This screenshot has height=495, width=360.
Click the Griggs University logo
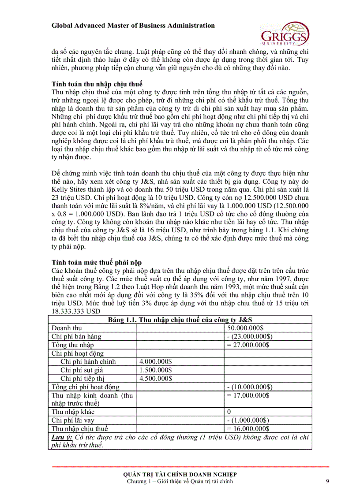click(285, 33)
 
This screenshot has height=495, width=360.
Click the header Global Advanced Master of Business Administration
click(133, 26)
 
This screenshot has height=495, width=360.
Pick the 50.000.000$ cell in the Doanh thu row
click(245, 328)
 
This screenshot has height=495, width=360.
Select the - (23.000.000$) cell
click(249, 336)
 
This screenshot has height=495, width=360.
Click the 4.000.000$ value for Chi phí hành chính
click(155, 361)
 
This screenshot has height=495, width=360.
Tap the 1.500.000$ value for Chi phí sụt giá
click(155, 370)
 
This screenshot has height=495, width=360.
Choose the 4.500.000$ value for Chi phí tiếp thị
click(155, 378)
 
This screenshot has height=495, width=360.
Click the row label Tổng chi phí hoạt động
click(86, 387)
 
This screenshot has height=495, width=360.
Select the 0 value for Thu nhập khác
click(229, 412)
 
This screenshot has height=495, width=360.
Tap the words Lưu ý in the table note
click(62, 437)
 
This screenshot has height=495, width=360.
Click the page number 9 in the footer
click(327, 481)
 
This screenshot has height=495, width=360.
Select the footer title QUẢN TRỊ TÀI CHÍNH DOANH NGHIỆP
click(180, 474)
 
